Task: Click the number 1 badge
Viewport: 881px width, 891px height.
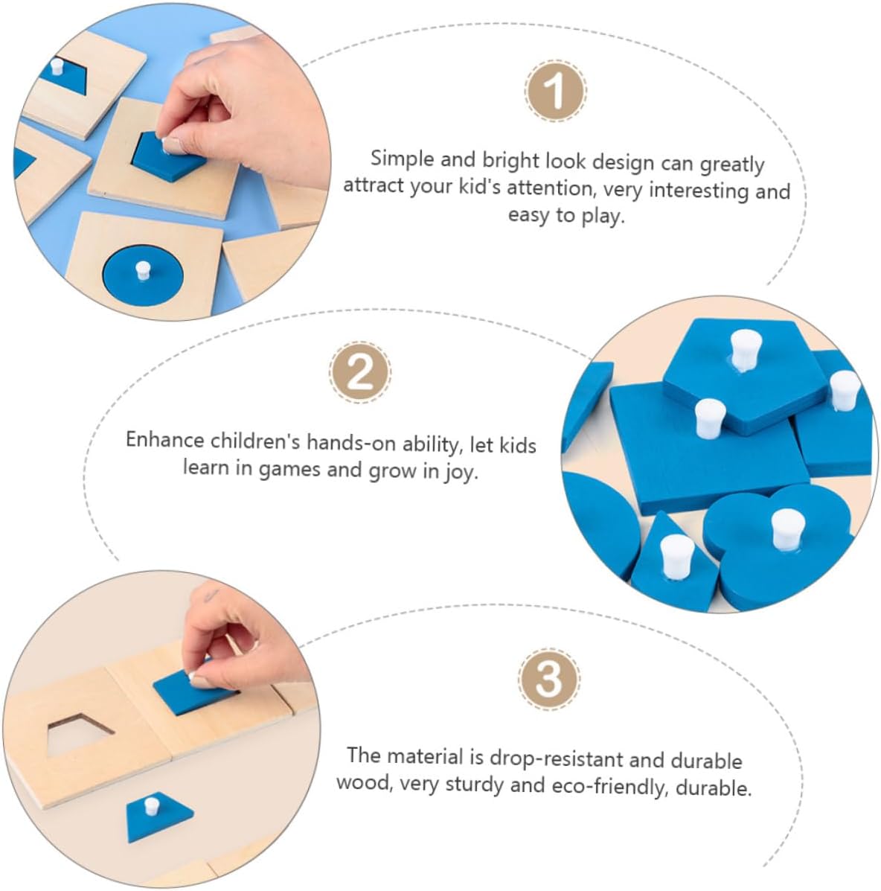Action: point(555,91)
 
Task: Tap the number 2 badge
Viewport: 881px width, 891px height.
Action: point(360,372)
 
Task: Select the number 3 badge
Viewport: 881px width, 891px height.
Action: point(548,678)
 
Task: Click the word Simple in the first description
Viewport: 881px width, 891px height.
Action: point(402,159)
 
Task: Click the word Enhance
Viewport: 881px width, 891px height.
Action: point(164,440)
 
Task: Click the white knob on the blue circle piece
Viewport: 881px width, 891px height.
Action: point(143,270)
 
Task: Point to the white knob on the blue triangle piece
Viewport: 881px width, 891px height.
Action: point(677,554)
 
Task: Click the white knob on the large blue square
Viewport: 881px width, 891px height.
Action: point(709,418)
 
